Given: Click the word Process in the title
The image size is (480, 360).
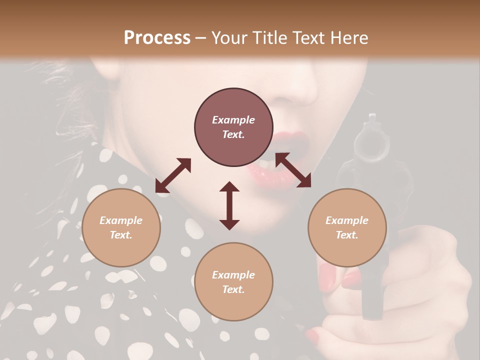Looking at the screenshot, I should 157,37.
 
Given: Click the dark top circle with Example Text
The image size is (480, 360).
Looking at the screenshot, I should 233,127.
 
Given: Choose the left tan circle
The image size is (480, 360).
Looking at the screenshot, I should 121,227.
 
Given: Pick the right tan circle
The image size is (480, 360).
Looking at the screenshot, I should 347,227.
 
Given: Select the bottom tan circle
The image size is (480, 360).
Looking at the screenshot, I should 233,282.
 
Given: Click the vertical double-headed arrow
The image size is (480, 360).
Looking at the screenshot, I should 229,205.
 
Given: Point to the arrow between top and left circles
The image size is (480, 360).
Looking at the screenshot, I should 173,175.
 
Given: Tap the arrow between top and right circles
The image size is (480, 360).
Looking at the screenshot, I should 293,170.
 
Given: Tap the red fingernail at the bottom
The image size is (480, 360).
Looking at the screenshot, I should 312,334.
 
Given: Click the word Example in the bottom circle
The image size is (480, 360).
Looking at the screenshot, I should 233,274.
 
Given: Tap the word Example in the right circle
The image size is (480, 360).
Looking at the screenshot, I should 347,220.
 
